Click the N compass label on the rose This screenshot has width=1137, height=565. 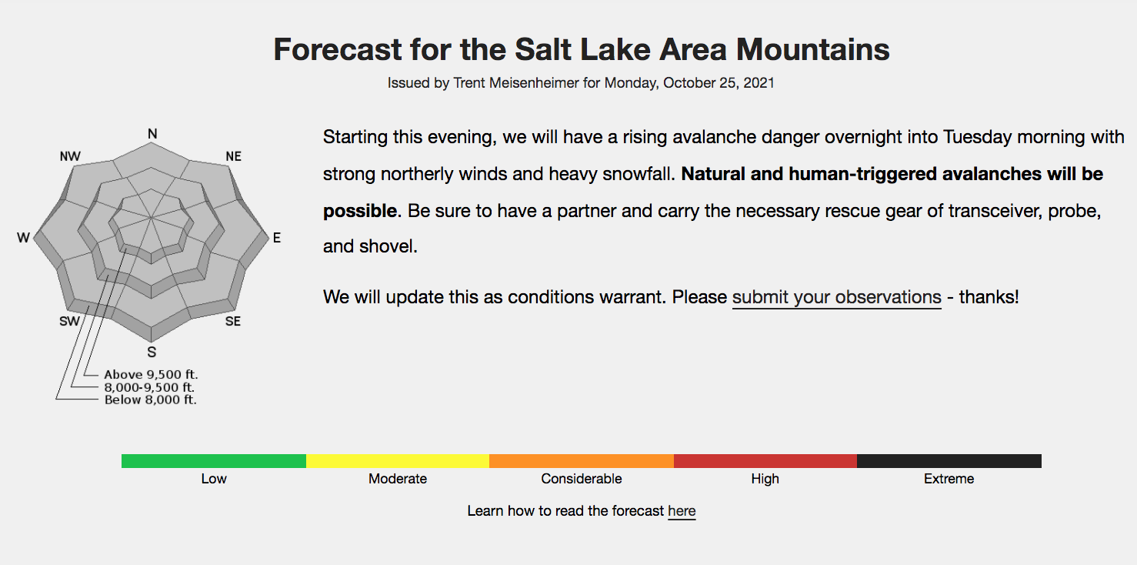(x=152, y=134)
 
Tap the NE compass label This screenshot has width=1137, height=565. (x=234, y=156)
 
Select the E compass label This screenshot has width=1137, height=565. (x=277, y=238)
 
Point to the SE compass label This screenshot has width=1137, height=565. (x=233, y=321)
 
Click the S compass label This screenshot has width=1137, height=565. (x=152, y=352)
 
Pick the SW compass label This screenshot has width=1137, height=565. (x=69, y=321)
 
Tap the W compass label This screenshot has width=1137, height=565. (x=23, y=238)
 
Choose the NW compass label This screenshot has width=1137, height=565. (x=70, y=156)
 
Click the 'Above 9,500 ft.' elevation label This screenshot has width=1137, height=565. (x=151, y=374)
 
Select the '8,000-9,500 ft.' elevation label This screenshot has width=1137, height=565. (x=149, y=387)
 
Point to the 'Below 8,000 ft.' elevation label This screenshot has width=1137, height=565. (x=150, y=400)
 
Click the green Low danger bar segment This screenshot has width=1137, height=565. (x=214, y=461)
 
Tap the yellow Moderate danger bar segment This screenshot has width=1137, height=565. (x=398, y=461)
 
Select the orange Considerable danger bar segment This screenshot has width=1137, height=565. (x=582, y=461)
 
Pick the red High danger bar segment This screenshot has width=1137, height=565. (x=765, y=461)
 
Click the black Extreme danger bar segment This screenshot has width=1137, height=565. (x=949, y=461)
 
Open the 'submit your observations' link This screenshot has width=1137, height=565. (x=836, y=298)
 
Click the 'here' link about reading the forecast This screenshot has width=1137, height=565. (x=682, y=511)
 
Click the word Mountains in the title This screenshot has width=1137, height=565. (x=812, y=50)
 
